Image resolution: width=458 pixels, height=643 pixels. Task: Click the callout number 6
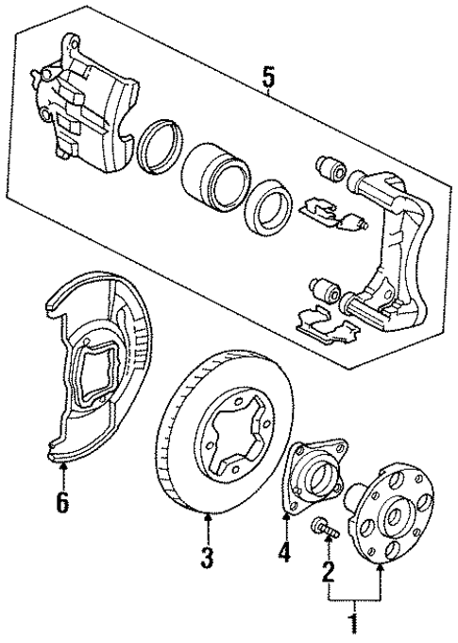click(62, 502)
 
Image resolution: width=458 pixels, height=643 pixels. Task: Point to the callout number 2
click(329, 569)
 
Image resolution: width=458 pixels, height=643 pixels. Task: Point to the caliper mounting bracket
click(387, 246)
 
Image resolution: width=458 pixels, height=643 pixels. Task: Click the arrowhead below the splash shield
click(62, 467)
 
